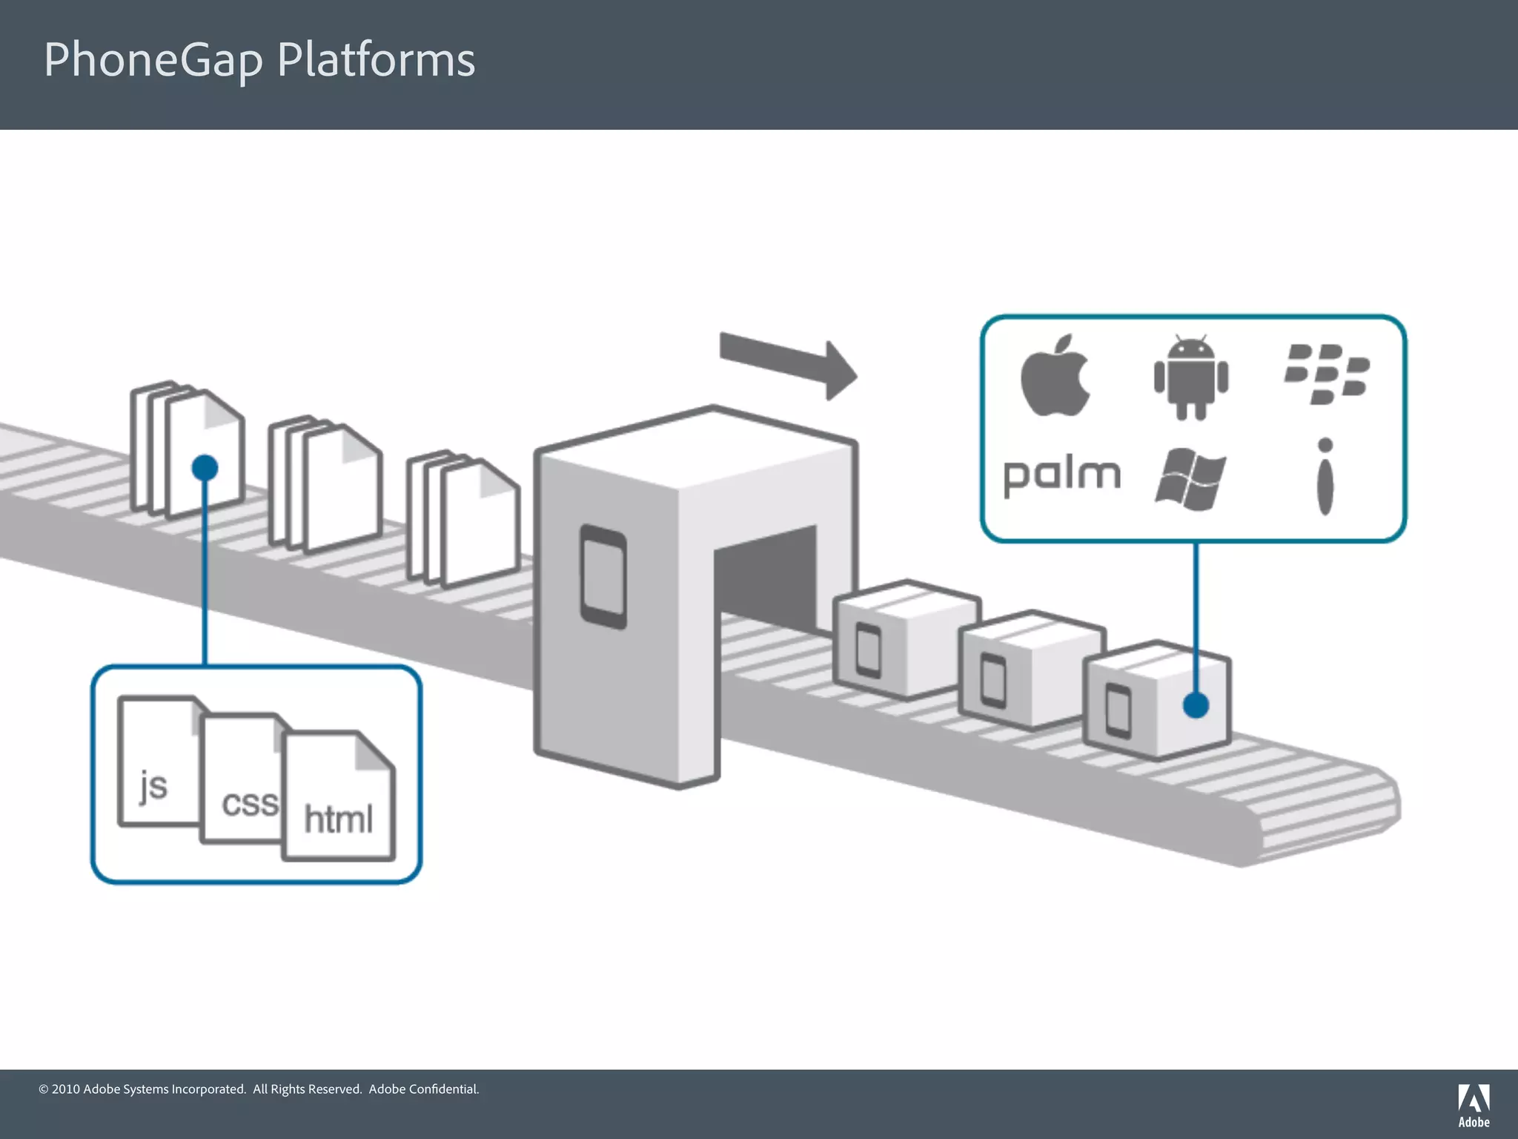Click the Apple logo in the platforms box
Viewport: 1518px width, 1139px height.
coord(1055,376)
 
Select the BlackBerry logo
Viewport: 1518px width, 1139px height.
coord(1327,374)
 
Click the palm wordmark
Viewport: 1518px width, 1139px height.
coord(1061,475)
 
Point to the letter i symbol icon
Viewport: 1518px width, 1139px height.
coord(1325,477)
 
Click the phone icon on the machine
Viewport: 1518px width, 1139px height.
coord(603,576)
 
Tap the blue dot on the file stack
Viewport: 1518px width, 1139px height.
coord(205,468)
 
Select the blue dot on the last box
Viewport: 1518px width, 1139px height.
coord(1196,704)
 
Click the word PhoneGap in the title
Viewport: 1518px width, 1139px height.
coord(153,59)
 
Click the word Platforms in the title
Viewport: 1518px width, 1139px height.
coord(376,59)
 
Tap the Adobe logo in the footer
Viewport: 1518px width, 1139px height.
coord(1474,1105)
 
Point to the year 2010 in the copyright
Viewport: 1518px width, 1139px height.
coord(65,1089)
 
